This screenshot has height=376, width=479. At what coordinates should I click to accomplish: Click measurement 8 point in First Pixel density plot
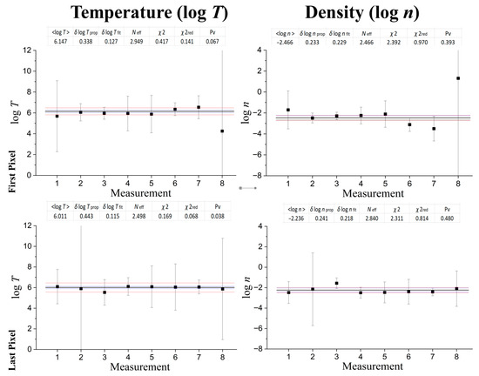coord(457,78)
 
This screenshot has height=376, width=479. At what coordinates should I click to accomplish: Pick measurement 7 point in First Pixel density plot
coord(433,129)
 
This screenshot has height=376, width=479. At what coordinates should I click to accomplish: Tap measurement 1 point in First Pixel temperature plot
coord(57,116)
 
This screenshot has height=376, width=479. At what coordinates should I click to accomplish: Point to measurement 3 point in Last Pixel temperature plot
coord(105,292)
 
